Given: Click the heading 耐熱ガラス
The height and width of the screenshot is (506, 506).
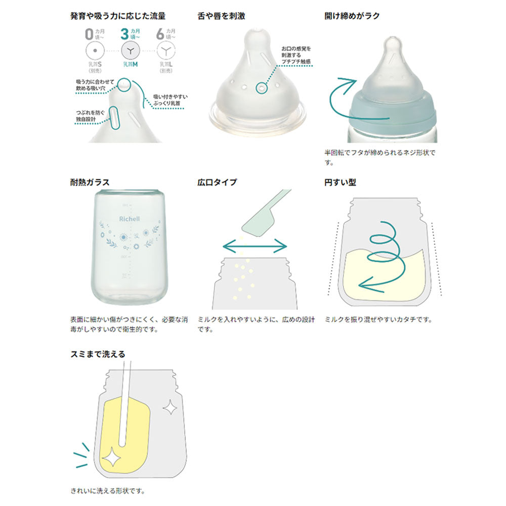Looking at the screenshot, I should (90, 182).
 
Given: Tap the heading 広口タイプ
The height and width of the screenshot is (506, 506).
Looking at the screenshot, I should (217, 182).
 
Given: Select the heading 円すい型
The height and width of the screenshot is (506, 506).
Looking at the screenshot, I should (340, 182).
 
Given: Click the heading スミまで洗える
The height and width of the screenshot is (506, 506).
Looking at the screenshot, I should (98, 354).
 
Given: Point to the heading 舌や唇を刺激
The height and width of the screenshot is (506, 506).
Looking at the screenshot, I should (222, 16).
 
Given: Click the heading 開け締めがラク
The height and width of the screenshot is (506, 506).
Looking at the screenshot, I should (352, 16).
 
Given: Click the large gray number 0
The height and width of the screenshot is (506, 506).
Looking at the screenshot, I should (89, 35).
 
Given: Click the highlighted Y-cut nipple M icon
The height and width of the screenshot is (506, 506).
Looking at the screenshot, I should (131, 51).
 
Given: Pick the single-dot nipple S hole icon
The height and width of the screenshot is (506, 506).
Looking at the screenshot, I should (95, 51).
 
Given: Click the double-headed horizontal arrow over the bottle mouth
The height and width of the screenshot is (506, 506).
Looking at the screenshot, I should (255, 246).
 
